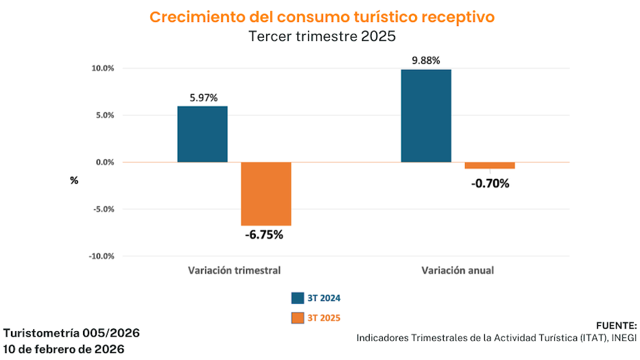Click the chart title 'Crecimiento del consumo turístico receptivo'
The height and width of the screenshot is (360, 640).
(322, 17)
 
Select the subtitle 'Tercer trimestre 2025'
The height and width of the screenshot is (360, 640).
(322, 37)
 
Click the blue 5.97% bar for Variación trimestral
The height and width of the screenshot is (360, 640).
(202, 134)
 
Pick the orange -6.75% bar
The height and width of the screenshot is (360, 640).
(266, 193)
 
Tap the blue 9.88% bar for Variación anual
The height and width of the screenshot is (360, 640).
(426, 116)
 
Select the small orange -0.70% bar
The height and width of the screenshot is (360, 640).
(490, 165)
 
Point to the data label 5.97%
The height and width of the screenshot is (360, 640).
(203, 98)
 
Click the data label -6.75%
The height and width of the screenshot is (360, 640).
(264, 235)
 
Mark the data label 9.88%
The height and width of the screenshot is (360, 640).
(426, 61)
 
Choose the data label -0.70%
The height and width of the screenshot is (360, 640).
(490, 183)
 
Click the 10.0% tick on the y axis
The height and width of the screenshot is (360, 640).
(102, 69)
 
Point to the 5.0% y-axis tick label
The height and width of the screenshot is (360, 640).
(104, 115)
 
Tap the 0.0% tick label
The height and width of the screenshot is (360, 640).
(104, 163)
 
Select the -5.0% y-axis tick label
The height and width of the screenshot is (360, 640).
(103, 209)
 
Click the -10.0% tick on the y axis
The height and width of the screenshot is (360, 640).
(101, 256)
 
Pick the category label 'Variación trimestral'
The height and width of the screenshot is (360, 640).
(235, 270)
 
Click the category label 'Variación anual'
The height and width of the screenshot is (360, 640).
(458, 270)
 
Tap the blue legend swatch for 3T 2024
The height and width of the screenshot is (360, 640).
(298, 298)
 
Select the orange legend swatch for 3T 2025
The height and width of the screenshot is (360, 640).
(298, 317)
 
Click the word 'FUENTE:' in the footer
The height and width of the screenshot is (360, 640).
(617, 325)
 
